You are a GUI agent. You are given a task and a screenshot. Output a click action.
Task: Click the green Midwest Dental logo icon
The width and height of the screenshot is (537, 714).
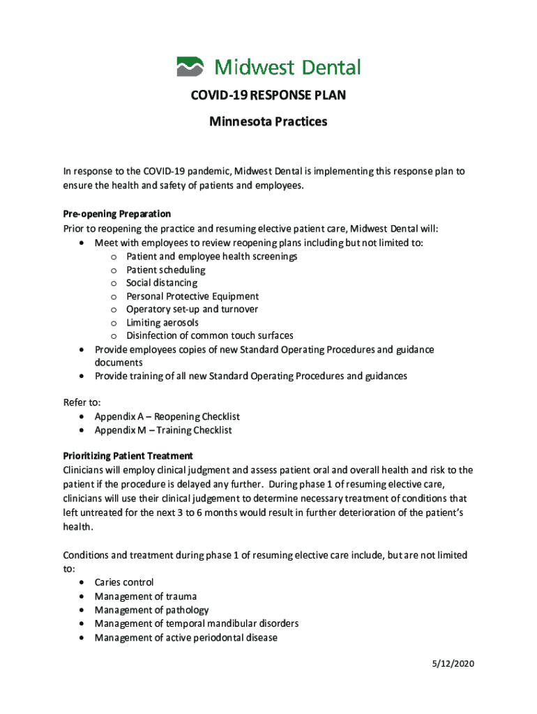190,67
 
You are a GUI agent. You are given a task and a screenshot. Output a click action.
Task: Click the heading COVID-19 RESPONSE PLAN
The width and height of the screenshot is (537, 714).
268,96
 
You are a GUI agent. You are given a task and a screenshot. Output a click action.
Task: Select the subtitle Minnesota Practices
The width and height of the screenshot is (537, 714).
268,122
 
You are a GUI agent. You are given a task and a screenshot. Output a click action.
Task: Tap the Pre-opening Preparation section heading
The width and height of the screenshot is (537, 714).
116,213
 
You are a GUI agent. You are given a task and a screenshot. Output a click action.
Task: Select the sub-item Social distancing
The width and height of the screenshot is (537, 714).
162,283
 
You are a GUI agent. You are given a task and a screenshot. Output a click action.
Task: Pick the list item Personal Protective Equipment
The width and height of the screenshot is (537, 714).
192,296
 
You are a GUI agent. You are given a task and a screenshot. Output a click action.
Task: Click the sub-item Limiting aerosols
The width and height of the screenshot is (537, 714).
162,323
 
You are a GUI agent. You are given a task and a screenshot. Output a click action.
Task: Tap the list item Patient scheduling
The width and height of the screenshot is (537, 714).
166,270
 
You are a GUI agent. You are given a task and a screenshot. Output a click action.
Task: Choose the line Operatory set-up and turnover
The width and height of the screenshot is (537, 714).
192,310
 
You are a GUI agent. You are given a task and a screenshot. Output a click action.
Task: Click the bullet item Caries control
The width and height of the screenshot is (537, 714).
124,582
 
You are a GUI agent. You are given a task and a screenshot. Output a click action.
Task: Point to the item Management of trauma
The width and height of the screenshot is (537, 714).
146,596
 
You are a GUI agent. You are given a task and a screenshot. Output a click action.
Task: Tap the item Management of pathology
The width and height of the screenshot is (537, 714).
151,610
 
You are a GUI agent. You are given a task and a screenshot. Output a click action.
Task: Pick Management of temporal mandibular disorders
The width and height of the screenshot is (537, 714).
197,623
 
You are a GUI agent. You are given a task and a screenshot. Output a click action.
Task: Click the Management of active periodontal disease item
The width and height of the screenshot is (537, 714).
186,637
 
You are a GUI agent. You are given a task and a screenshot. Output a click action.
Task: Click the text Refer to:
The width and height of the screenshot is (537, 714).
82,402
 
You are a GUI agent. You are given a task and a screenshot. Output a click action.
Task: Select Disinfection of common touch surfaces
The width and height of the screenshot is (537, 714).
210,336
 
